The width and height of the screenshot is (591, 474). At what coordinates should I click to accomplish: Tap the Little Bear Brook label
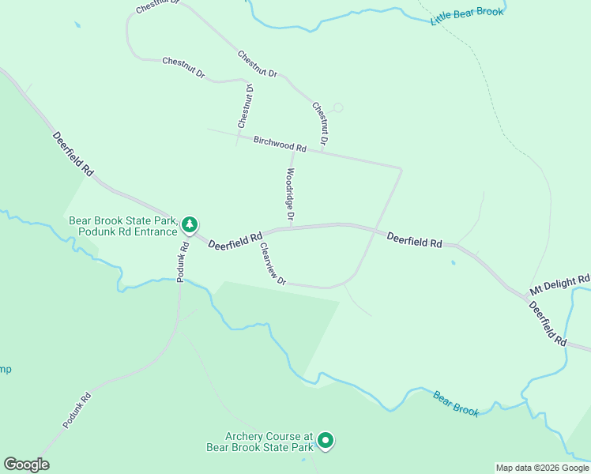click(x=467, y=15)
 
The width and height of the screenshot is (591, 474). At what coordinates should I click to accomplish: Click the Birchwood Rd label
click(x=280, y=144)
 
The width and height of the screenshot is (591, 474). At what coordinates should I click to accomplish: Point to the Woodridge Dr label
click(x=291, y=194)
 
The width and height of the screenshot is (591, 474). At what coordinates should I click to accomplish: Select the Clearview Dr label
click(x=272, y=264)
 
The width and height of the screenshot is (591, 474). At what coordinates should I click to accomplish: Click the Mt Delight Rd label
click(x=560, y=282)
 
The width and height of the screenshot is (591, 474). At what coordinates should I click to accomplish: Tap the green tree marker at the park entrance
click(x=190, y=225)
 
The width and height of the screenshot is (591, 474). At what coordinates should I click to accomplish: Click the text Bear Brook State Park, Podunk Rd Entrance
click(x=123, y=226)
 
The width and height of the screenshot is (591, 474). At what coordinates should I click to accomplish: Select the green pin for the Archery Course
click(x=325, y=442)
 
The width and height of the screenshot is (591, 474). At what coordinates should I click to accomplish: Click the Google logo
click(x=26, y=465)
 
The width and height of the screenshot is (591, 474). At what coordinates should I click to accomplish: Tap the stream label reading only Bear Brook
click(x=456, y=403)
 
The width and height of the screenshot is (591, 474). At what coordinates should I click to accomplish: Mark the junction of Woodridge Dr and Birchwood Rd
click(x=293, y=149)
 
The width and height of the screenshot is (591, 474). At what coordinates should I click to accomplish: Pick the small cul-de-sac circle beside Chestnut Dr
click(x=338, y=107)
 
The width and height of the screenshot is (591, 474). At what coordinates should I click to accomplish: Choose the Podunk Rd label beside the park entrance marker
click(x=183, y=261)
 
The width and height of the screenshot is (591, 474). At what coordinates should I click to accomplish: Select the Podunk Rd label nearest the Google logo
click(x=77, y=410)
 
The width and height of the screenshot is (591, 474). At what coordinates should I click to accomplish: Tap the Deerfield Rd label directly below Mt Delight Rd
click(x=548, y=323)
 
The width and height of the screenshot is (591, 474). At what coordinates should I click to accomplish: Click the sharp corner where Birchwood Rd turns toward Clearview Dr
click(x=401, y=168)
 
